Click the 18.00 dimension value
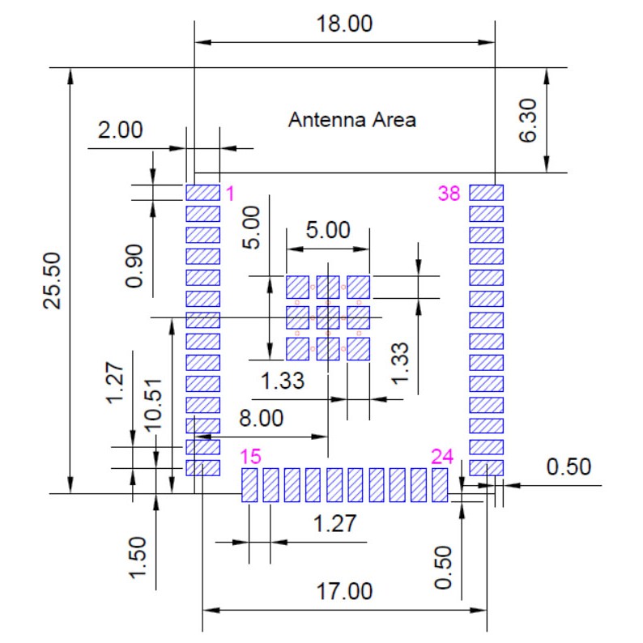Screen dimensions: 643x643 click(344, 23)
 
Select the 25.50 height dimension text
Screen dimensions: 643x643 click(53, 280)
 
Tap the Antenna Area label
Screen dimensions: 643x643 click(351, 120)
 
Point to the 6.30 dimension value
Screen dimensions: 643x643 click(528, 120)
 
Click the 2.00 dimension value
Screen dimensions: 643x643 click(120, 130)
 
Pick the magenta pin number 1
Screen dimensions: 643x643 click(231, 194)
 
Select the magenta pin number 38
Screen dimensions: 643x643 click(449, 194)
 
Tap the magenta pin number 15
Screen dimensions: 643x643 click(250, 457)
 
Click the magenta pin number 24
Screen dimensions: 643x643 click(442, 457)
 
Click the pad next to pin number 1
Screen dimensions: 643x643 click(202, 193)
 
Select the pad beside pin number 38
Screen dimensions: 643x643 click(487, 193)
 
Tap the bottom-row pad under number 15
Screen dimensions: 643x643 click(249, 485)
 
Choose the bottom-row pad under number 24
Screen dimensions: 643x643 click(440, 485)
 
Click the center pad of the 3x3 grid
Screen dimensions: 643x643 click(328, 317)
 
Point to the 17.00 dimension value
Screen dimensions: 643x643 click(344, 591)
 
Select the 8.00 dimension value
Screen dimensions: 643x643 click(262, 419)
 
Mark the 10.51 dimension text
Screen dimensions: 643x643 click(153, 405)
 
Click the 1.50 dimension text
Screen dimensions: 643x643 click(138, 558)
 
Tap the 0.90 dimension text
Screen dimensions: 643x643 click(134, 266)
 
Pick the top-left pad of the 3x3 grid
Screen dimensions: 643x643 click(297, 287)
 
